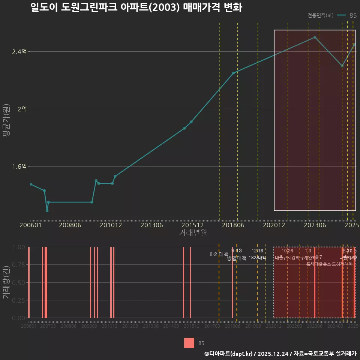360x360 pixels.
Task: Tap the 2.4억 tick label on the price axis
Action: point(19,52)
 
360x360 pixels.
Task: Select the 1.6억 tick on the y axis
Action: point(19,166)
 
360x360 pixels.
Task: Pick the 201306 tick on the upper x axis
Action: point(151,225)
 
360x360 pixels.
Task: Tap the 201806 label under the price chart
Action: point(233,225)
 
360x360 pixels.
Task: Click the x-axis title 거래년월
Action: point(193,233)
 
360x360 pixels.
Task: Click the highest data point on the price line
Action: point(315,37)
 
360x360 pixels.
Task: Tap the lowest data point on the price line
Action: point(47,211)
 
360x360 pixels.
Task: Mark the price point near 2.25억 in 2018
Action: point(233,73)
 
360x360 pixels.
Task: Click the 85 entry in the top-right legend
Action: point(352,15)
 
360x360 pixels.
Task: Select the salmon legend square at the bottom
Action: point(189,343)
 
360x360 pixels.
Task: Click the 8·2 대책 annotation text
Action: point(219,254)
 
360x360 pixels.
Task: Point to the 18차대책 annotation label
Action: point(257,258)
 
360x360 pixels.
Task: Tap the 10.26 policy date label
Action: point(287,251)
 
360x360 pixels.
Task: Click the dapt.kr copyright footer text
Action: point(280,354)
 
